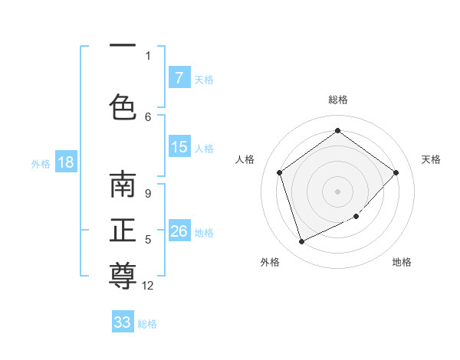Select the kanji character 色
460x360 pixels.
pyautogui.click(x=123, y=106)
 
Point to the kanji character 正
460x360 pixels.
pyautogui.click(x=123, y=230)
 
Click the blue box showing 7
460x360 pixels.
pyautogui.click(x=179, y=78)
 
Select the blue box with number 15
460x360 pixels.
pyautogui.click(x=179, y=147)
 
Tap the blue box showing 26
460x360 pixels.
pyautogui.click(x=179, y=231)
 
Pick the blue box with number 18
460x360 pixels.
pyautogui.click(x=65, y=162)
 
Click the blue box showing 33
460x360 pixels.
pyautogui.click(x=123, y=322)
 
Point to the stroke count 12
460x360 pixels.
pyautogui.click(x=148, y=286)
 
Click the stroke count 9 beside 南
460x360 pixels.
pyautogui.click(x=148, y=194)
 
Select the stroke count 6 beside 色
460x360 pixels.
pyautogui.click(x=148, y=116)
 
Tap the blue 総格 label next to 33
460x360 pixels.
pyautogui.click(x=147, y=324)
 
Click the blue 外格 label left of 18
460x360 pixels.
pyautogui.click(x=40, y=163)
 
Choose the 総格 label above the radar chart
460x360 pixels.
pyautogui.click(x=337, y=100)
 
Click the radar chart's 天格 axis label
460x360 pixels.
pyautogui.click(x=431, y=159)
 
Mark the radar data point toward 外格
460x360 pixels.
pyautogui.click(x=301, y=242)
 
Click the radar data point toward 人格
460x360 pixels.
pyautogui.click(x=279, y=172)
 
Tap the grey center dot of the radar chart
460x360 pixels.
pyautogui.click(x=337, y=191)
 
